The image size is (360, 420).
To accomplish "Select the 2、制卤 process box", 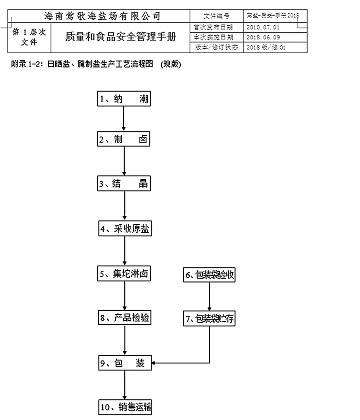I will (x=125, y=139).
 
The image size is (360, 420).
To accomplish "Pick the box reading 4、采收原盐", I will (x=125, y=229).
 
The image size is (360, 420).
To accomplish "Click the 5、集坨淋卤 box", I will (x=125, y=274).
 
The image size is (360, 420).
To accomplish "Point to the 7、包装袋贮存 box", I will (x=209, y=320).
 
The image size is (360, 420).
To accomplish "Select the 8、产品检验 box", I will (x=125, y=318).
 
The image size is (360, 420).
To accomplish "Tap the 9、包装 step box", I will (x=125, y=363).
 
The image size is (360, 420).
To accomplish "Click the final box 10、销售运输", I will (x=125, y=406).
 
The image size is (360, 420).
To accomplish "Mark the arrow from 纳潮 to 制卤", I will (x=124, y=119).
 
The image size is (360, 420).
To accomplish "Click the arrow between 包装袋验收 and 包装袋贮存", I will (x=209, y=297).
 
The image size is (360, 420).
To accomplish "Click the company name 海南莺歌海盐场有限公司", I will (x=101, y=16).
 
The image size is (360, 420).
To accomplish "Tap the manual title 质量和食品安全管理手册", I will (x=121, y=37).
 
